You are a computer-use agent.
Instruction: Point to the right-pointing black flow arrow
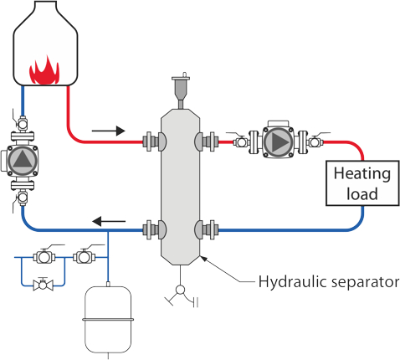109,131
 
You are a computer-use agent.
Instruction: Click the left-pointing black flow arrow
109,222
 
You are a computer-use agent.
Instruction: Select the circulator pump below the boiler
23,160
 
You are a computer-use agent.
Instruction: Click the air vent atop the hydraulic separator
179,89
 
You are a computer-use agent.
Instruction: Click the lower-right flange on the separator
207,229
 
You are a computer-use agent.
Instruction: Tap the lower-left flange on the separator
151,229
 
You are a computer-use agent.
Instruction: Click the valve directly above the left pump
23,121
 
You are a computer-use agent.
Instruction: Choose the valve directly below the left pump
23,198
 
